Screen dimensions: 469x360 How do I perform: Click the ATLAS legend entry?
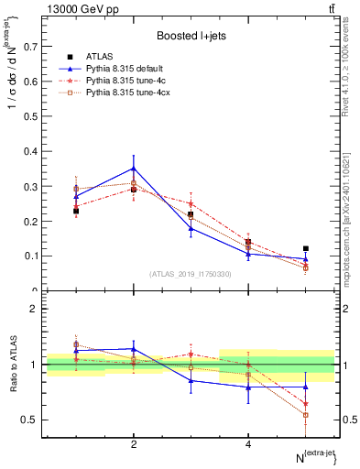101,57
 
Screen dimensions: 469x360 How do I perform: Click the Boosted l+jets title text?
191,35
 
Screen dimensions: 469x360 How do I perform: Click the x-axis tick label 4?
248,444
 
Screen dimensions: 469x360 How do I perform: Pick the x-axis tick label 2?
134,444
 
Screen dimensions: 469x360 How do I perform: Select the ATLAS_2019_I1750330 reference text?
191,274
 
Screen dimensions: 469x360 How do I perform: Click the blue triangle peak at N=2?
134,168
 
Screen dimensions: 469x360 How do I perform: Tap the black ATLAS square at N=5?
306,248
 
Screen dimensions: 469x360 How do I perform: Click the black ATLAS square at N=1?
76,211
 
